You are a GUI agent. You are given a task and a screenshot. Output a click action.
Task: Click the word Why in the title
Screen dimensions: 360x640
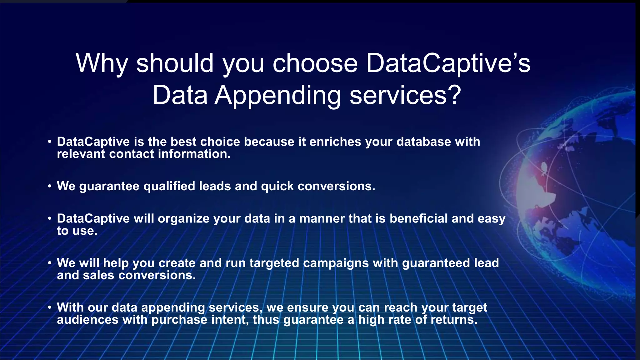pos(102,63)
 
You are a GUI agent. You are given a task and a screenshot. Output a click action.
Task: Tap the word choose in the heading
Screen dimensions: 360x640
pos(315,63)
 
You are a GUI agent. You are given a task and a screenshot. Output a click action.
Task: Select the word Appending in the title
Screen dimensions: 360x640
pos(278,95)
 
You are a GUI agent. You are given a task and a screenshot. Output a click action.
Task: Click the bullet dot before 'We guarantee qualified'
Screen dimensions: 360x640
pos(50,186)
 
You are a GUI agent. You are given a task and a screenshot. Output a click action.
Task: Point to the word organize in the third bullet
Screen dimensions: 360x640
pos(183,218)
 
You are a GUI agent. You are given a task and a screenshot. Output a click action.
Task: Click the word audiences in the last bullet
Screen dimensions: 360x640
pos(87,320)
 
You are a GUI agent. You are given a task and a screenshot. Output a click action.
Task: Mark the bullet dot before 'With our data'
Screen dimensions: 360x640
pos(50,307)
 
